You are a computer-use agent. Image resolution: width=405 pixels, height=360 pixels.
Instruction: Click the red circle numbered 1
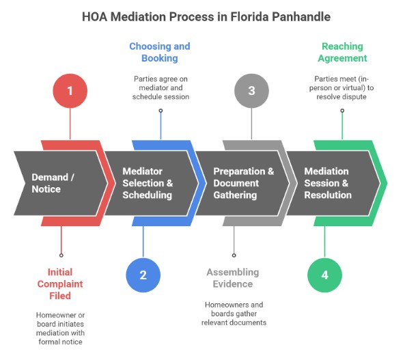70,90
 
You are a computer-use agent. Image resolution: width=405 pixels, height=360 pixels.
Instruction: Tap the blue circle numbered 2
143,275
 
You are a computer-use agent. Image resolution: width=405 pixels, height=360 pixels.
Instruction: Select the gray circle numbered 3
251,90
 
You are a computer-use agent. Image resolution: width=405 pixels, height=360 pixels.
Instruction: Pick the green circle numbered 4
324,275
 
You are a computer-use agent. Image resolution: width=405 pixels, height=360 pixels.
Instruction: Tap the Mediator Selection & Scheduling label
148,183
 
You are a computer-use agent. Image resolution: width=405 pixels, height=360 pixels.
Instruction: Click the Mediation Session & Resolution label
328,183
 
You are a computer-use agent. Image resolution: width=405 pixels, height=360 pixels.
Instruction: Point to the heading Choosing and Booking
160,53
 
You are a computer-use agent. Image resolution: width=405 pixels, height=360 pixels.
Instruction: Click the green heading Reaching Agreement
343,53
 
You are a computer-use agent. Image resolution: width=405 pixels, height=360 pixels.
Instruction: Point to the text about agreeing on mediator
160,88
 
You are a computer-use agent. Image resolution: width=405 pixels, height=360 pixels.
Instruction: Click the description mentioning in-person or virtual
343,88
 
